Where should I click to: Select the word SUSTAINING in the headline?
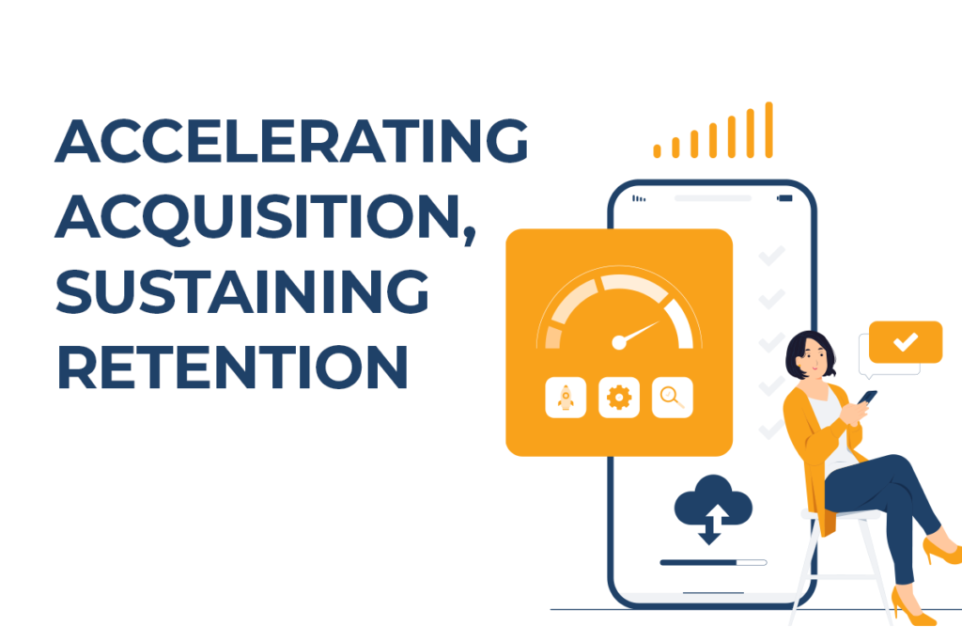242,294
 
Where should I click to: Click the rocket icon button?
566,399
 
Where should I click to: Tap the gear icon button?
619,399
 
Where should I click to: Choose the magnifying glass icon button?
673,399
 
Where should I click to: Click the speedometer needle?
639,332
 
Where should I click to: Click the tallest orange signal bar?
769,130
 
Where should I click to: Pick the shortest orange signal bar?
658,150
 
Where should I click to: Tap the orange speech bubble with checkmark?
906,342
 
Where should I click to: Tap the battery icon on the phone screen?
784,198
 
